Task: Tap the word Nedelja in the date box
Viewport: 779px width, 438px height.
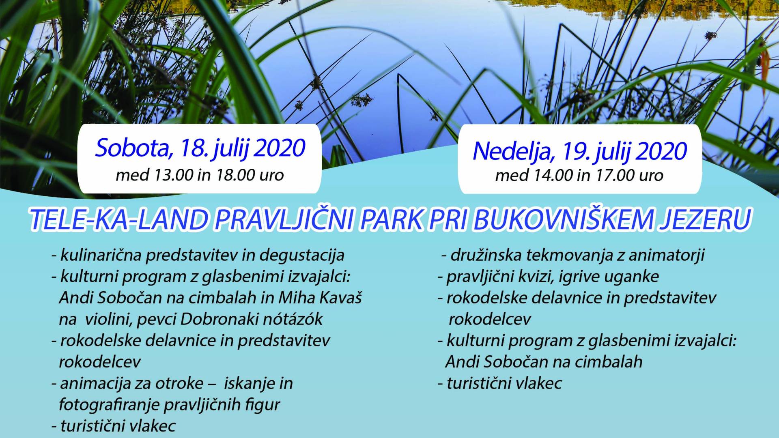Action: (x=514, y=151)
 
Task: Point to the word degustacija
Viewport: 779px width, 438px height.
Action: (x=302, y=255)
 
